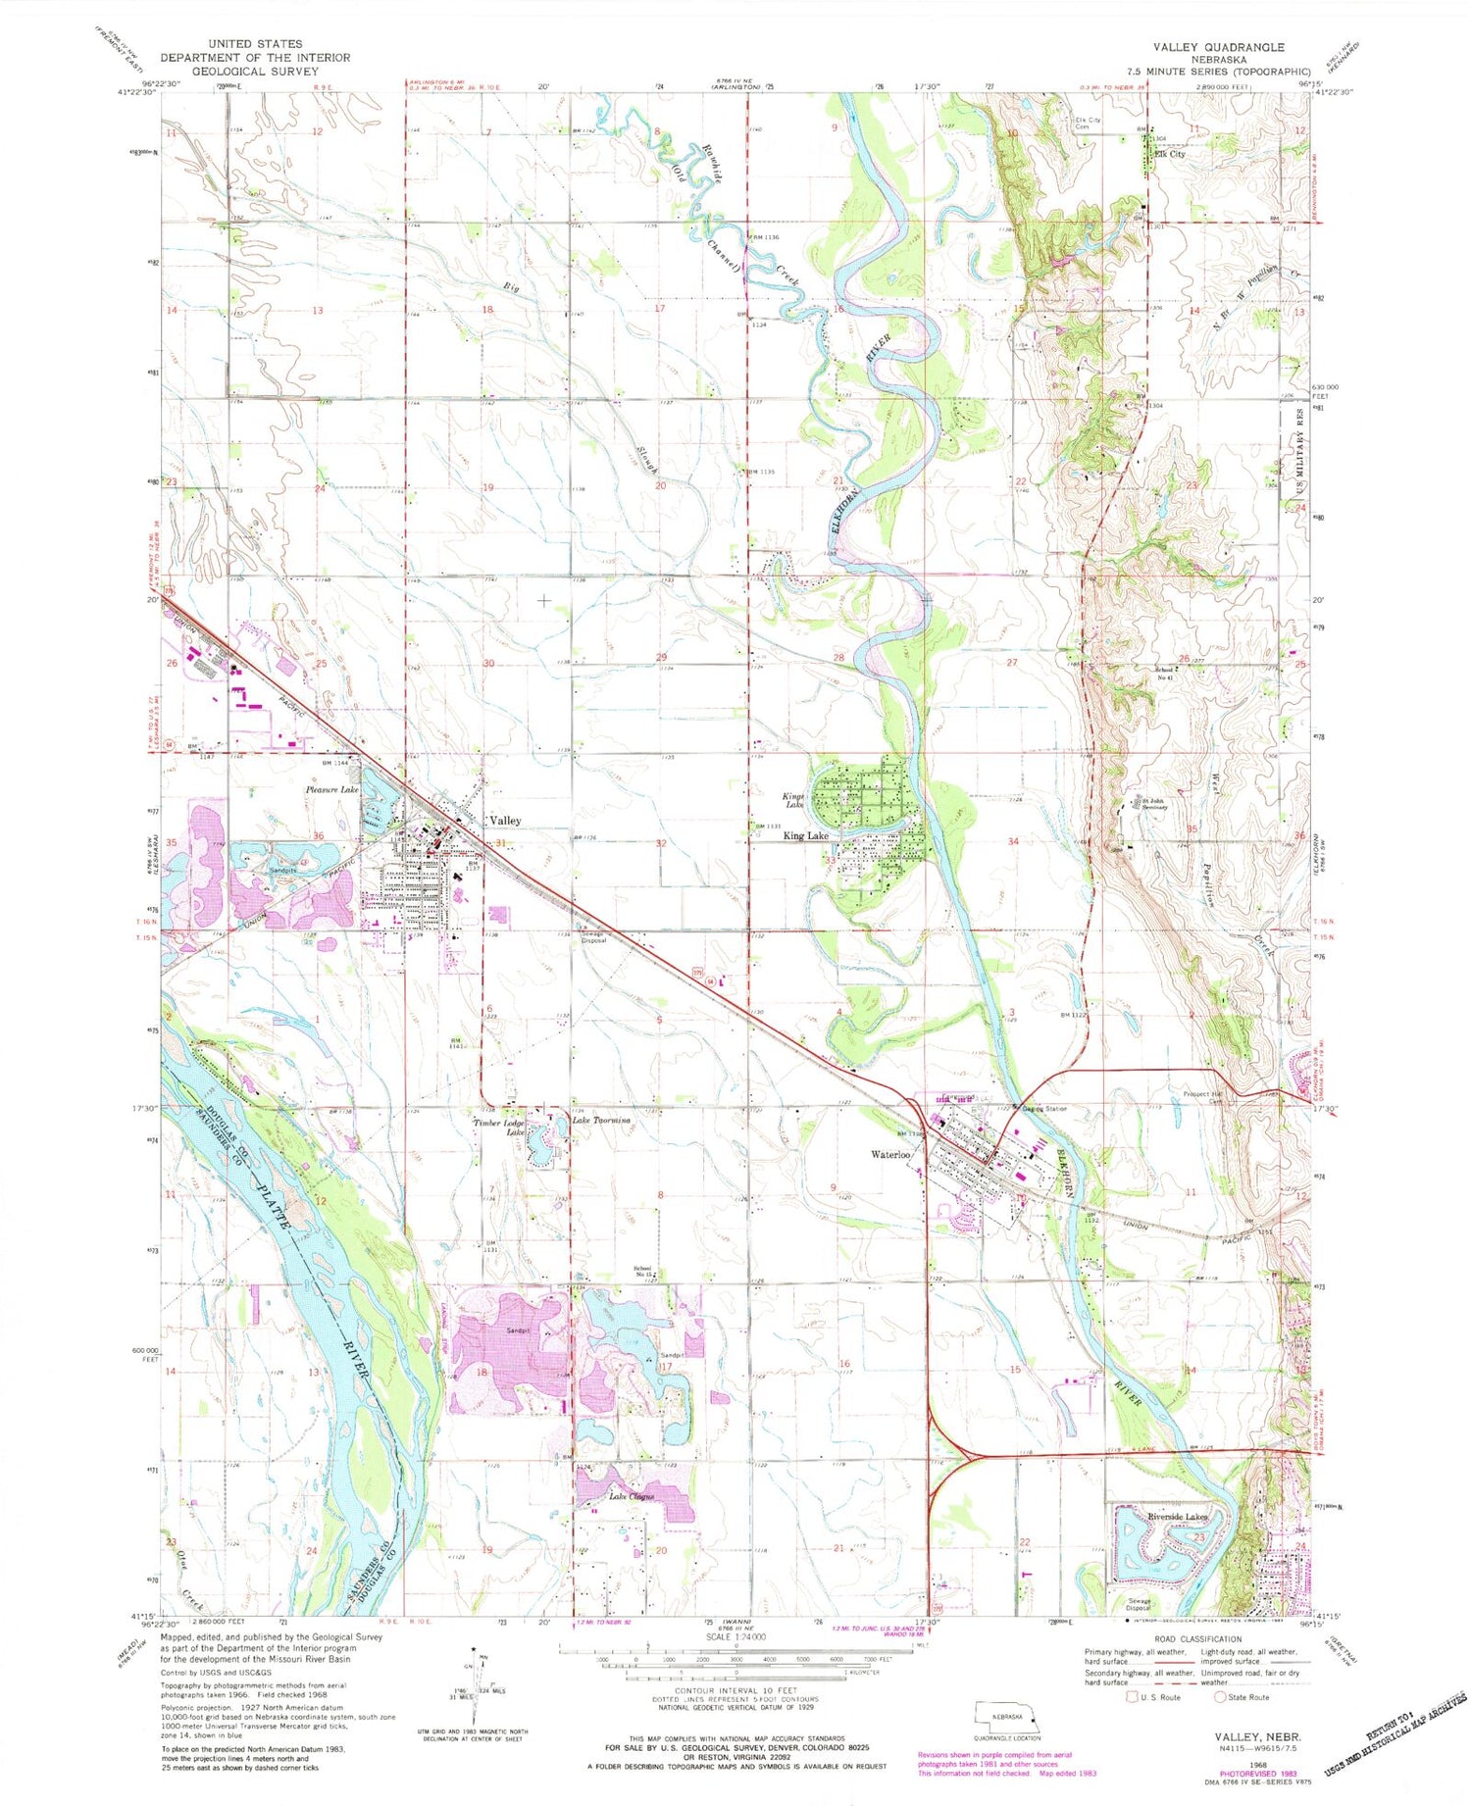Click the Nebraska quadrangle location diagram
[x=1007, y=1718]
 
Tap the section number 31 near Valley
[x=501, y=842]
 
